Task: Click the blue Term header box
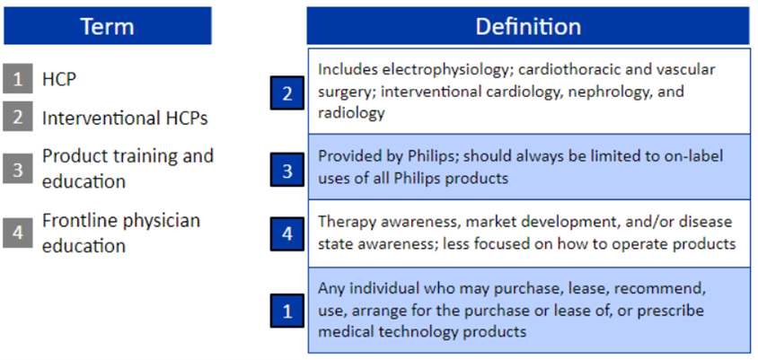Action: pyautogui.click(x=107, y=26)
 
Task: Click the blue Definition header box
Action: pyautogui.click(x=528, y=26)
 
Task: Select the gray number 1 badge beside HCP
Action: pyautogui.click(x=18, y=78)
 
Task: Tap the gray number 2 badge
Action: pyautogui.click(x=18, y=116)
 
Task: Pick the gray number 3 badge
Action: pyautogui.click(x=18, y=169)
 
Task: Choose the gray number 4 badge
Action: pyautogui.click(x=18, y=233)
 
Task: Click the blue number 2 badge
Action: pyautogui.click(x=287, y=92)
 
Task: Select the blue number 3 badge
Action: pyautogui.click(x=287, y=170)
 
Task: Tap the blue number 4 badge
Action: pyautogui.click(x=287, y=234)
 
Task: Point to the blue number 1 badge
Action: pyautogui.click(x=287, y=311)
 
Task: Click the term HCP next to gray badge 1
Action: pyautogui.click(x=59, y=79)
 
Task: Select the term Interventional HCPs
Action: pyautogui.click(x=125, y=118)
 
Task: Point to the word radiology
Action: pyautogui.click(x=351, y=112)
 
